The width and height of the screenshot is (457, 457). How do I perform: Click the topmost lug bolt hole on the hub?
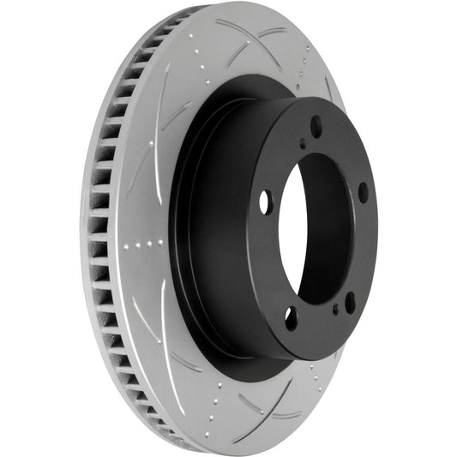coord(316,127)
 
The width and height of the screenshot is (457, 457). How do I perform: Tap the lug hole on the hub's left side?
coord(264,202)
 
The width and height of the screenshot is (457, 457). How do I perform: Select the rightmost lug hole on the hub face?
coord(363,192)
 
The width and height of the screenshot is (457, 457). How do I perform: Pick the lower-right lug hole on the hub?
coord(350,302)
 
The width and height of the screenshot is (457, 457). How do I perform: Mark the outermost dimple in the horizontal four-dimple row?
coord(127,246)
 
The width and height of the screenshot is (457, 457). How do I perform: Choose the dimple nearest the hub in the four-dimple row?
coord(160,243)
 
